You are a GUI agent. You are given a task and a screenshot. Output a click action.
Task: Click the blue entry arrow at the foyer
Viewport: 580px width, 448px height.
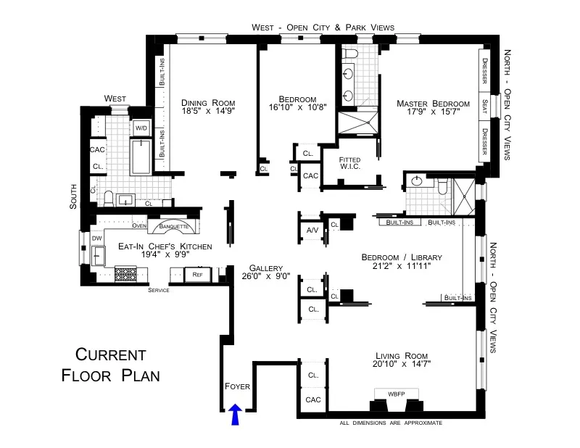point(234,415)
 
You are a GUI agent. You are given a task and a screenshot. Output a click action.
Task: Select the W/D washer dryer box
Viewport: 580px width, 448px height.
point(140,128)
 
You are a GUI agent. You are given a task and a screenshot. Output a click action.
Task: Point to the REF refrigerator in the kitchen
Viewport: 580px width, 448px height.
point(196,274)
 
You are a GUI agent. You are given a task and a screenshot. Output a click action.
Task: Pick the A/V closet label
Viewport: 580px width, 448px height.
point(312,231)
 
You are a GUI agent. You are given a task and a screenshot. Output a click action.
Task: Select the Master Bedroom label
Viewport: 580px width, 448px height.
point(433,104)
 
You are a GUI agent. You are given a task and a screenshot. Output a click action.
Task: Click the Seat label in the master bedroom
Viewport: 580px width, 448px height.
point(484,106)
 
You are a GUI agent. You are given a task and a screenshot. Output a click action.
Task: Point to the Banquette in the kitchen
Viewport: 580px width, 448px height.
point(174,227)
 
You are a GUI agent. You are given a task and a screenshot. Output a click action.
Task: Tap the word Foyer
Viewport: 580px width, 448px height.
point(237,386)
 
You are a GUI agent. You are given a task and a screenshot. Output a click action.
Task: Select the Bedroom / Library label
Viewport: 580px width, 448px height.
point(401,257)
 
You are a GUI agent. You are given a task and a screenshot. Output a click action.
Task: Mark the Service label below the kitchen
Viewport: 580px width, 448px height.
point(158,290)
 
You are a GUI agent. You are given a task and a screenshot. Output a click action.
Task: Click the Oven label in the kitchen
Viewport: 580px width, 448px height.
point(139,226)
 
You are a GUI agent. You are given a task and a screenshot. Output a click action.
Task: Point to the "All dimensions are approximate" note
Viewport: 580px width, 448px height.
point(391,423)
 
